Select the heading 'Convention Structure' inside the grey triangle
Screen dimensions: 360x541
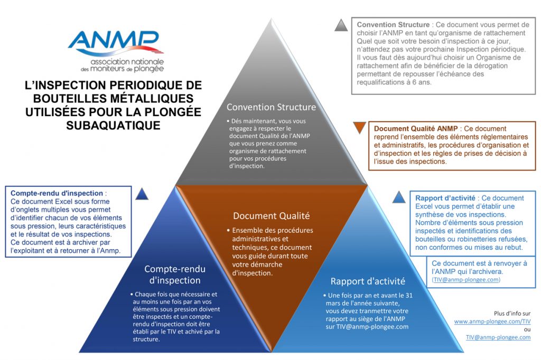[271, 107]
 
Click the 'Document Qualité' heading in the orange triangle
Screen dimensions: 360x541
[271, 215]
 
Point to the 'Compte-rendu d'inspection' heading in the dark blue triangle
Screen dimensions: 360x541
[172, 274]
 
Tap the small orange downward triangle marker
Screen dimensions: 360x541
[359, 127]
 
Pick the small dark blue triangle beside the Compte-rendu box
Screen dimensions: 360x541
[142, 193]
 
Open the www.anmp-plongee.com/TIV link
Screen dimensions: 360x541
[492, 321]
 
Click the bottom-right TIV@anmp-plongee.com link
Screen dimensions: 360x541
[498, 337]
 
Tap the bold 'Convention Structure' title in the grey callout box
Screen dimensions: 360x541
[393, 25]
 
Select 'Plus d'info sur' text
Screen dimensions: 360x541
[512, 312]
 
